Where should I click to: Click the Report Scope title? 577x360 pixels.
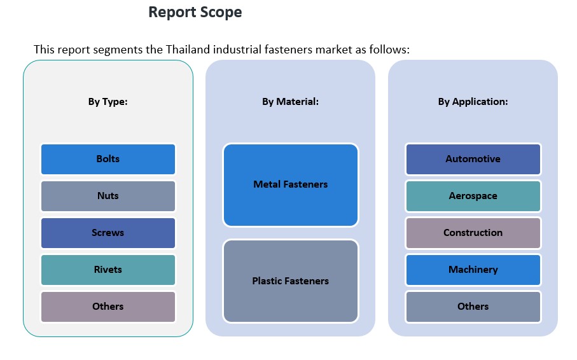coord(195,12)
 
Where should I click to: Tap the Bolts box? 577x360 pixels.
coord(108,159)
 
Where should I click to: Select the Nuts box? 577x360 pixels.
coord(108,196)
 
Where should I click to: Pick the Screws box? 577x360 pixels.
coord(108,233)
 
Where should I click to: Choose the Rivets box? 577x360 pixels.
coord(108,270)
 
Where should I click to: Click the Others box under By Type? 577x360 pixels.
coord(108,307)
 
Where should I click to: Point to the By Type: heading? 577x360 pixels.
coord(108,102)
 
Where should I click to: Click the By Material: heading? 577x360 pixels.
coord(290,102)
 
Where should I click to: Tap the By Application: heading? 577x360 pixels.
coord(473,102)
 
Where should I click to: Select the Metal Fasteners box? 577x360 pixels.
coord(290,184)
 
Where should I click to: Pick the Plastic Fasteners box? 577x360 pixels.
coord(290,281)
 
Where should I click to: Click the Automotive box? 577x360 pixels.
coord(473,159)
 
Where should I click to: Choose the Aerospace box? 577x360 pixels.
coord(473,196)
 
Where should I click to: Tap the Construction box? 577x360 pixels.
coord(473,233)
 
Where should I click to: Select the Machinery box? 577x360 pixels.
coord(473,270)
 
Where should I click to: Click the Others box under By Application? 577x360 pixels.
coord(473,307)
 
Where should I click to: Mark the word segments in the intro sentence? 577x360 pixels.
coord(107,50)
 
